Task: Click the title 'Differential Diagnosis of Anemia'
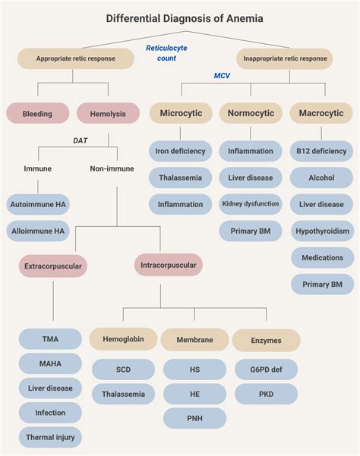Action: tap(180, 17)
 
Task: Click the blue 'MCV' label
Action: tap(222, 75)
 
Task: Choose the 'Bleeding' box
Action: tap(37, 114)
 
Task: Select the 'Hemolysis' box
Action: tap(108, 114)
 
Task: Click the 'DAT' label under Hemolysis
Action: tap(81, 140)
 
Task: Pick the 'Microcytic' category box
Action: tap(180, 113)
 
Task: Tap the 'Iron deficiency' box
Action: tap(180, 151)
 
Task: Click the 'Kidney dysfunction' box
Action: tap(251, 203)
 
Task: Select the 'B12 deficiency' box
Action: tap(322, 151)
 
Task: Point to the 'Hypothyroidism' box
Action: tap(322, 231)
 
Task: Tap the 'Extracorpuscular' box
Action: tap(52, 266)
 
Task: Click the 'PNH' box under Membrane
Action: tap(194, 418)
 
